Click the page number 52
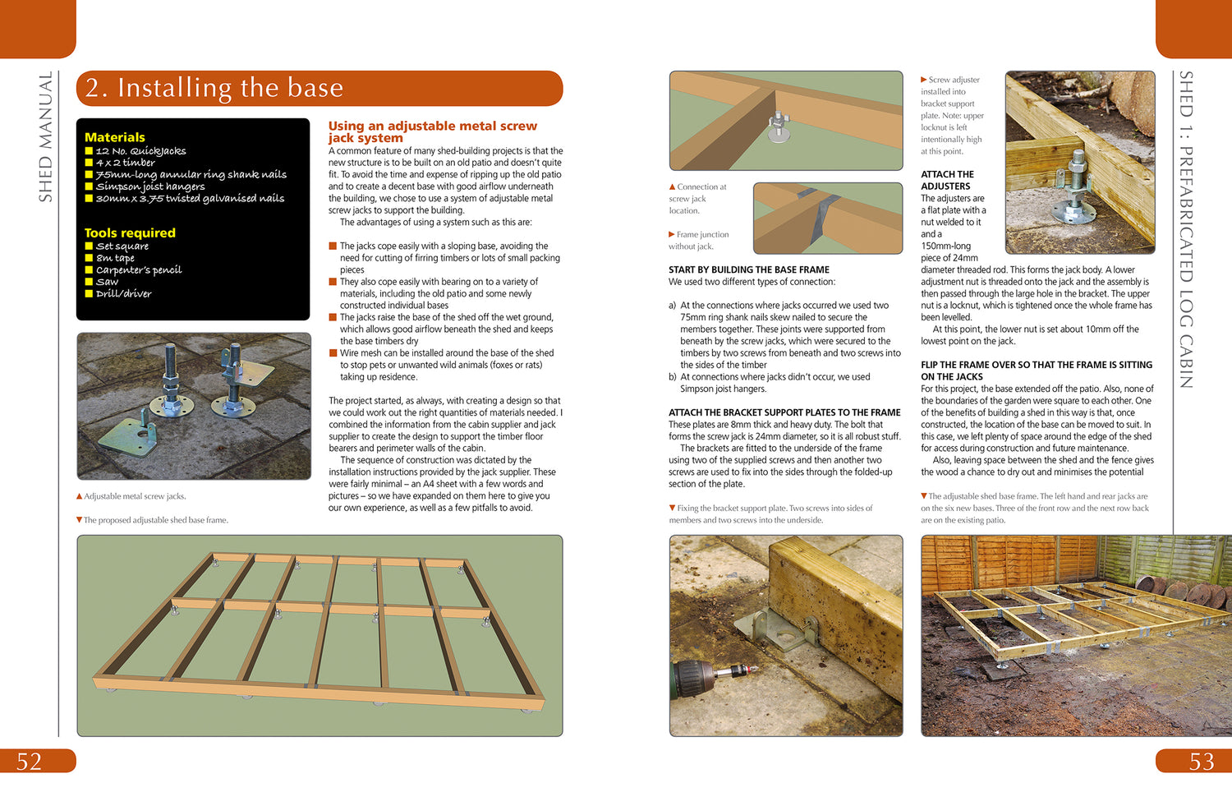tap(30, 762)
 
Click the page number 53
tap(1201, 762)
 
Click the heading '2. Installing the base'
tap(214, 88)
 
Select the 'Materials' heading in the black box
tap(115, 137)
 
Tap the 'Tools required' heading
tap(130, 233)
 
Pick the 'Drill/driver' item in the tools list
tap(123, 293)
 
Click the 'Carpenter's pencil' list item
tap(139, 269)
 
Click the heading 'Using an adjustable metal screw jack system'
tap(432, 131)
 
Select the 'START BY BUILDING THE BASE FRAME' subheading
tap(748, 269)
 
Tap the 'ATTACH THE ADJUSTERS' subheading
tap(947, 180)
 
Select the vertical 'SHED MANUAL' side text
tap(46, 136)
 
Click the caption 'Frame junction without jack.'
tap(700, 240)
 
